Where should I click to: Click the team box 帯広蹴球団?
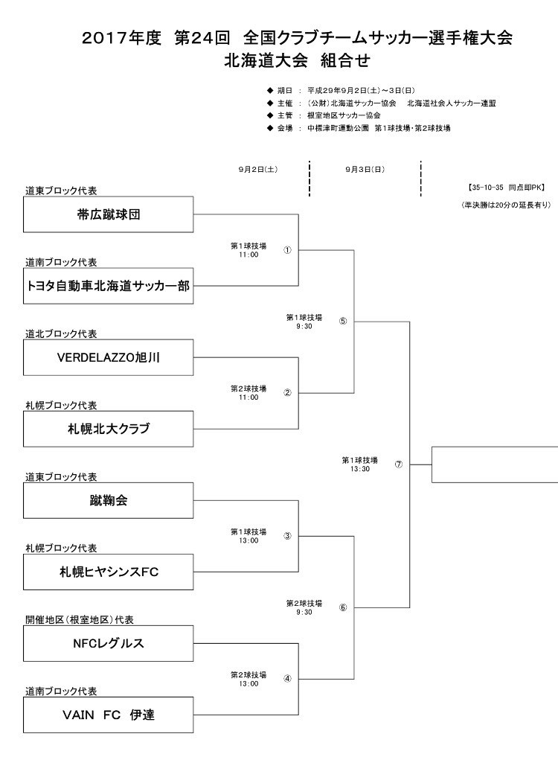click(x=108, y=214)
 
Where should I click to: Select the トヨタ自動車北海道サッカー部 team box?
click(x=108, y=286)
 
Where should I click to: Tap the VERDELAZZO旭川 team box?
click(x=108, y=357)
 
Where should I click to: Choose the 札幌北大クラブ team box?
click(x=108, y=429)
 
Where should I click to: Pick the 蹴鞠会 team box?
click(x=108, y=500)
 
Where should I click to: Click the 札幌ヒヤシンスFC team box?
click(x=108, y=572)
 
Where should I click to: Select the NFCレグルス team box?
click(x=108, y=643)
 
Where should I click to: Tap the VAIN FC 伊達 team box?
click(x=108, y=715)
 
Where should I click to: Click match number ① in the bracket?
click(x=287, y=250)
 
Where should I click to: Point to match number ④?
click(x=287, y=679)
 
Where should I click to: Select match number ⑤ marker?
click(x=343, y=321)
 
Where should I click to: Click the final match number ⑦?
click(x=398, y=464)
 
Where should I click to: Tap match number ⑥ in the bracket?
click(x=343, y=607)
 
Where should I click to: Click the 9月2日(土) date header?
click(x=257, y=170)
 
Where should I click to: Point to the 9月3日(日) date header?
click(x=365, y=170)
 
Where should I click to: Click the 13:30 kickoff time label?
click(x=359, y=469)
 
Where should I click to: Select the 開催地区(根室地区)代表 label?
click(x=80, y=619)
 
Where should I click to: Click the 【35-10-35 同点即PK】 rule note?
click(x=506, y=188)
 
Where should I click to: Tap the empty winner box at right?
click(x=495, y=464)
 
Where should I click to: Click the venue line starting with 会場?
click(x=359, y=128)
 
